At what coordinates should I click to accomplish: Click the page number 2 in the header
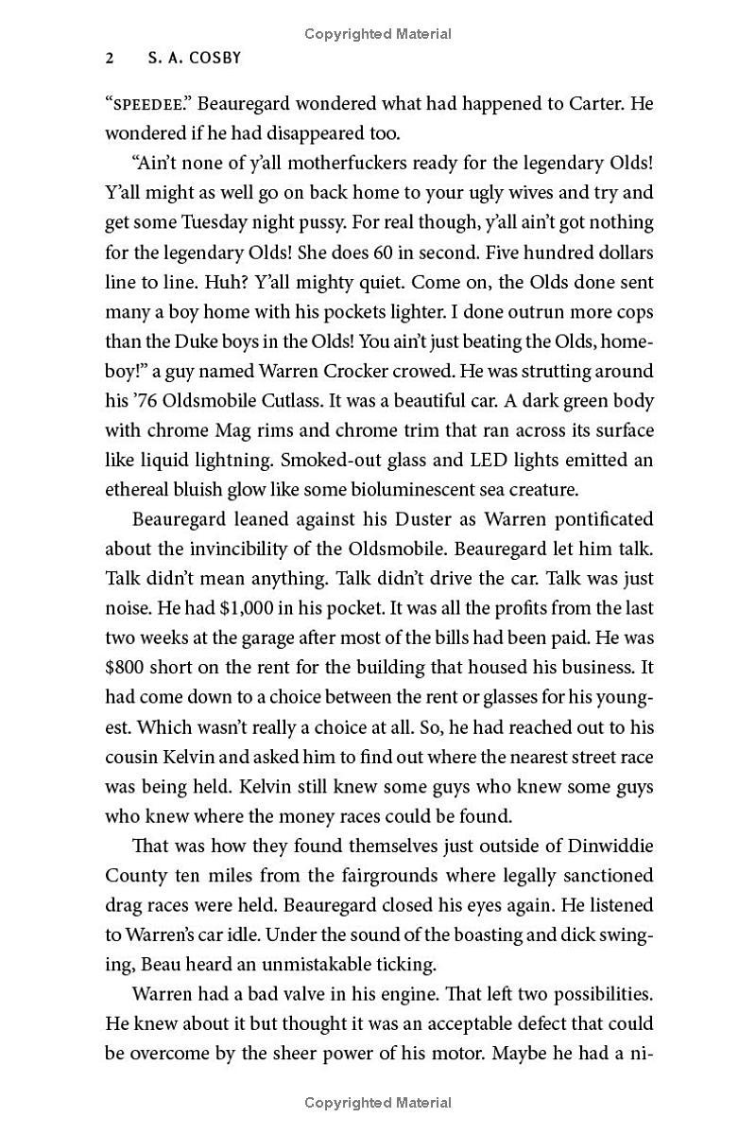[x=110, y=58]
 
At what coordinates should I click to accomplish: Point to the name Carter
[x=596, y=103]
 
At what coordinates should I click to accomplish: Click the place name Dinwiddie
[x=607, y=847]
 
